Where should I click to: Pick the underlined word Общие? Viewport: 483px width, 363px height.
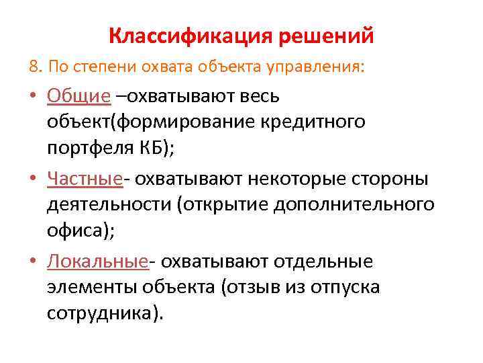click(x=78, y=96)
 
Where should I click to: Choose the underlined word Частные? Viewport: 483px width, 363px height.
click(x=85, y=179)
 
